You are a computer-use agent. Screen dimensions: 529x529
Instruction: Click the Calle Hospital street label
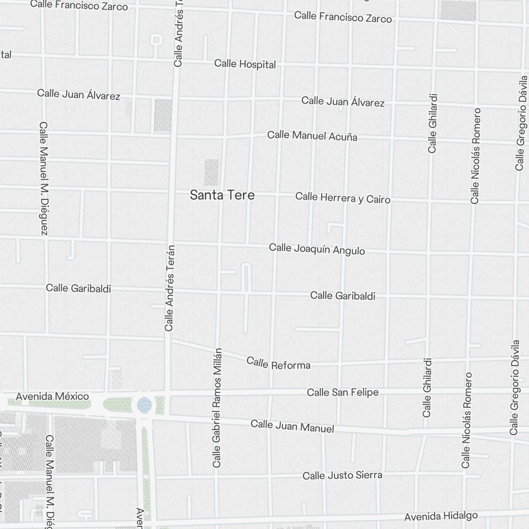[x=245, y=64]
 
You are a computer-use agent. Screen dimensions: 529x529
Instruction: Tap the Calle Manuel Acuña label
[x=312, y=136]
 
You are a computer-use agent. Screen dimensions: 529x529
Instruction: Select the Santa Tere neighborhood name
[x=222, y=195]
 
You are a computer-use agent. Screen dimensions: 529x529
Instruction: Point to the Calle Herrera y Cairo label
[x=343, y=198]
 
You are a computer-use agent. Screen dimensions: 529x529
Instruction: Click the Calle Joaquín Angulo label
[x=317, y=249]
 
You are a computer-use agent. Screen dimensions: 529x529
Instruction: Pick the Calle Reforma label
[x=278, y=363]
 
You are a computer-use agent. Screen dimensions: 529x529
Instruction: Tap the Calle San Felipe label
[x=343, y=393]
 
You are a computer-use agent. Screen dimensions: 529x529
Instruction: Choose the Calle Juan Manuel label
[x=292, y=426]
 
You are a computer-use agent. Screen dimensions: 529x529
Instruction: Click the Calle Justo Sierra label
[x=342, y=476]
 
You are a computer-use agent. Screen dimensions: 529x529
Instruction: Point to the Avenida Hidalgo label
[x=441, y=516]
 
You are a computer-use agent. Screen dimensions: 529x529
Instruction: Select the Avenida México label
[x=52, y=396]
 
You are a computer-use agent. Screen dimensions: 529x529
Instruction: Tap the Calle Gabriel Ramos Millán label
[x=217, y=408]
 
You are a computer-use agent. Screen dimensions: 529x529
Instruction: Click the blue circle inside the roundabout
[x=143, y=405]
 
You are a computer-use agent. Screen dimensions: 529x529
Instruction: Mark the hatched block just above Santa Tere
[x=211, y=172]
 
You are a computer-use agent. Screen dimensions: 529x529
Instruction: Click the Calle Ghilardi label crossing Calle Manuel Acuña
[x=433, y=123]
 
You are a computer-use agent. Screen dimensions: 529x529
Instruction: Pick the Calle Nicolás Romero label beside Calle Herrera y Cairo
[x=476, y=156]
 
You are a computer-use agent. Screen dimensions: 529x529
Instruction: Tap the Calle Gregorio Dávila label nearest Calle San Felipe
[x=514, y=388]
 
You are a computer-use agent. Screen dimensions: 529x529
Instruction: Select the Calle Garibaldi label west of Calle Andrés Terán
[x=78, y=288]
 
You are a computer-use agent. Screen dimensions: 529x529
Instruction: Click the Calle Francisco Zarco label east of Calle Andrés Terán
[x=343, y=17]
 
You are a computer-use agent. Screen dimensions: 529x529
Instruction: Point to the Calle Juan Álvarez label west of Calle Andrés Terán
[x=78, y=95]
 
